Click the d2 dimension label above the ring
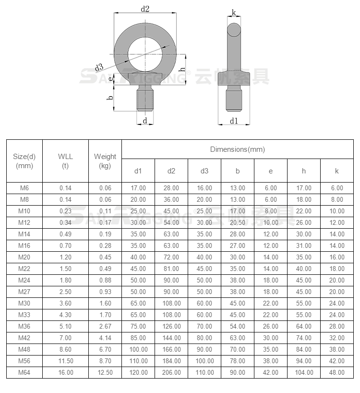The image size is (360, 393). pos(145,8)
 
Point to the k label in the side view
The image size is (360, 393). pos(234,12)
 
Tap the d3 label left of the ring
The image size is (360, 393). pos(99,66)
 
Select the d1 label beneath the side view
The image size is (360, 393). pos(234,121)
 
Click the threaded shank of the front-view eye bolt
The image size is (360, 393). pos(145,98)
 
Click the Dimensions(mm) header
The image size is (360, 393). pos(237,149)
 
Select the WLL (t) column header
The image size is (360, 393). pos(65,161)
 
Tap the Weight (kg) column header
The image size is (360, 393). pos(105,161)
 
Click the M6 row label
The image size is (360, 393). pos(24,188)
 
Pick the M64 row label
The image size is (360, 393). pos(24,372)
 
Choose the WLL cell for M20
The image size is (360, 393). pos(65,257)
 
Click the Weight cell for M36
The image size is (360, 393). pos(105,326)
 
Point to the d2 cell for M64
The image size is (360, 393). pos(171,372)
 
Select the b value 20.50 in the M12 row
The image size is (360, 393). pos(238,222)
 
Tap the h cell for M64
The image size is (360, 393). pos(304,372)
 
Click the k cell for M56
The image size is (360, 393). pos(337,361)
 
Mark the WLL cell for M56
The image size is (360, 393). pos(65,361)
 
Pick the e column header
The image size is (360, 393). pos(271,171)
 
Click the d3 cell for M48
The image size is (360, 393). pos(204,349)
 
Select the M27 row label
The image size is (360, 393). pos(24,292)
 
